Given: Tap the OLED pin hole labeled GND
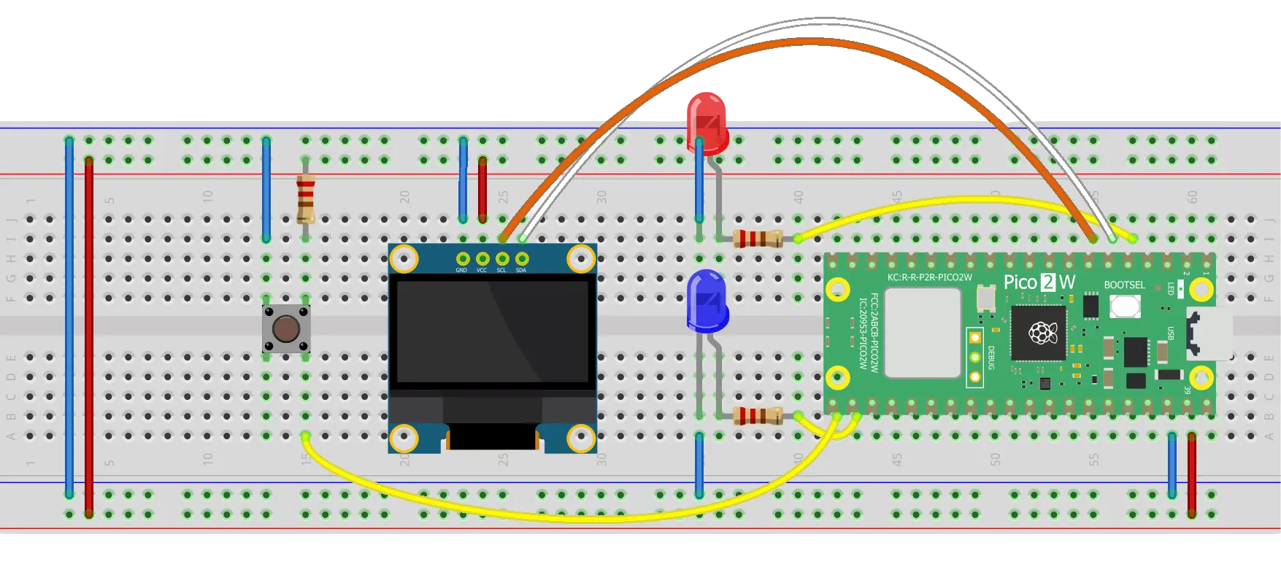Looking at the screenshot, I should click(x=462, y=258).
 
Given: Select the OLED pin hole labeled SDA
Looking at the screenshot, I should click(x=521, y=258).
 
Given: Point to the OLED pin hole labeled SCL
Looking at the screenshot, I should click(x=501, y=258).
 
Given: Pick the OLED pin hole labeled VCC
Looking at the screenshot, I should click(x=482, y=258).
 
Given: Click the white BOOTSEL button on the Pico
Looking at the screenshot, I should click(x=1125, y=306).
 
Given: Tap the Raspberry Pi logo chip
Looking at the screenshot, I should click(x=1038, y=334).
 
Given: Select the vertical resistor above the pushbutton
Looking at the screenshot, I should click(x=305, y=198).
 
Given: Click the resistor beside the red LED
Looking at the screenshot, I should click(x=758, y=238).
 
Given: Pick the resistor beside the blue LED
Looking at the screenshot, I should click(x=758, y=416).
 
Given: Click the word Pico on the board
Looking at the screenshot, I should click(x=1020, y=282).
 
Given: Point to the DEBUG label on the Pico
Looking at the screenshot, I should click(x=991, y=358).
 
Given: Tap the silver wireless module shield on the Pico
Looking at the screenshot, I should click(x=923, y=333).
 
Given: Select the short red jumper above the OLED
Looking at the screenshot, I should click(x=482, y=189).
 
